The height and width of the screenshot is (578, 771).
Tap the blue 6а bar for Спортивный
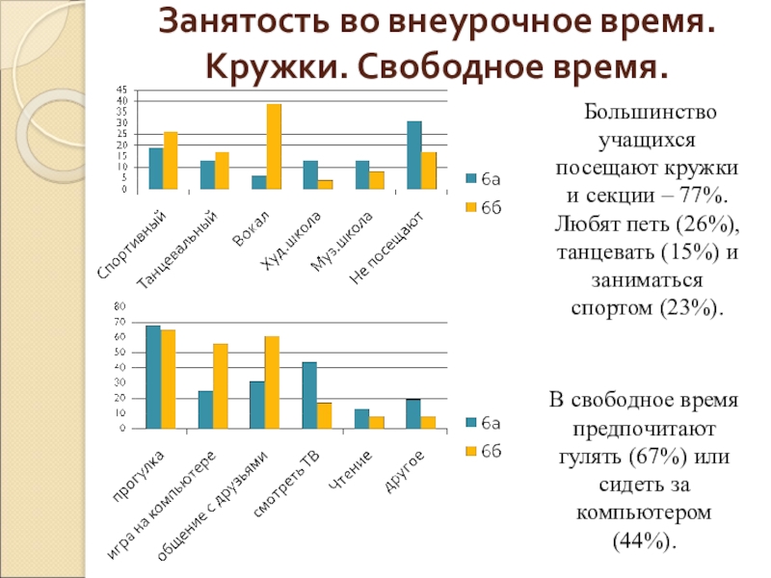coord(156,169)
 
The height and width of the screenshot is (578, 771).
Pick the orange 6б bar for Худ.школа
coord(326,185)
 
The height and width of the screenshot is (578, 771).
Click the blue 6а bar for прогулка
coord(153,377)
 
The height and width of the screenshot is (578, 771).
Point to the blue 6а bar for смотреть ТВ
coord(309,395)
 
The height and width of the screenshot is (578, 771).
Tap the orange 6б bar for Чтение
coord(377,422)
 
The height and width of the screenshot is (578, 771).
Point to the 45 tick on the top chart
coord(121,90)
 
